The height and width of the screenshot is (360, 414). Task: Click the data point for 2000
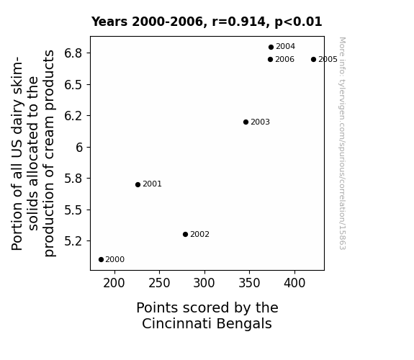pyautogui.click(x=101, y=260)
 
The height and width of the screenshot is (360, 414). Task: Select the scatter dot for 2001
pyautogui.click(x=138, y=184)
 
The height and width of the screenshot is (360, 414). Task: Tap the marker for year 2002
pyautogui.click(x=185, y=234)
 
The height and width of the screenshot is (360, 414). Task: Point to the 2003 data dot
pyautogui.click(x=246, y=122)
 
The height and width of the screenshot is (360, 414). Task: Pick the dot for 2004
pyautogui.click(x=271, y=48)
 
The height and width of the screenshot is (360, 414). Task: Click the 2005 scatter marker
pyautogui.click(x=313, y=60)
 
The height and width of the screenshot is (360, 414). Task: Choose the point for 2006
pyautogui.click(x=270, y=60)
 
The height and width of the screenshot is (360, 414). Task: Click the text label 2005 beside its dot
pyautogui.click(x=328, y=60)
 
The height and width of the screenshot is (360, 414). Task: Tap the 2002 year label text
pyautogui.click(x=199, y=234)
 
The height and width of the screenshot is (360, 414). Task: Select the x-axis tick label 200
pyautogui.click(x=114, y=284)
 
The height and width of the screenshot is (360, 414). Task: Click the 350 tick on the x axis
pyautogui.click(x=249, y=284)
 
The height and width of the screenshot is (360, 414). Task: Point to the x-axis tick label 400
pyautogui.click(x=294, y=284)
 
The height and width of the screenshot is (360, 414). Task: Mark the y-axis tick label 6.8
pyautogui.click(x=73, y=53)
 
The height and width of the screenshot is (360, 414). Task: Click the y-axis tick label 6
pyautogui.click(x=79, y=147)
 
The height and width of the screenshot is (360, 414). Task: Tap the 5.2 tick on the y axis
pyautogui.click(x=73, y=241)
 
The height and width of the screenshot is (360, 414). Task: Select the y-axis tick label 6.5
pyautogui.click(x=73, y=85)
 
